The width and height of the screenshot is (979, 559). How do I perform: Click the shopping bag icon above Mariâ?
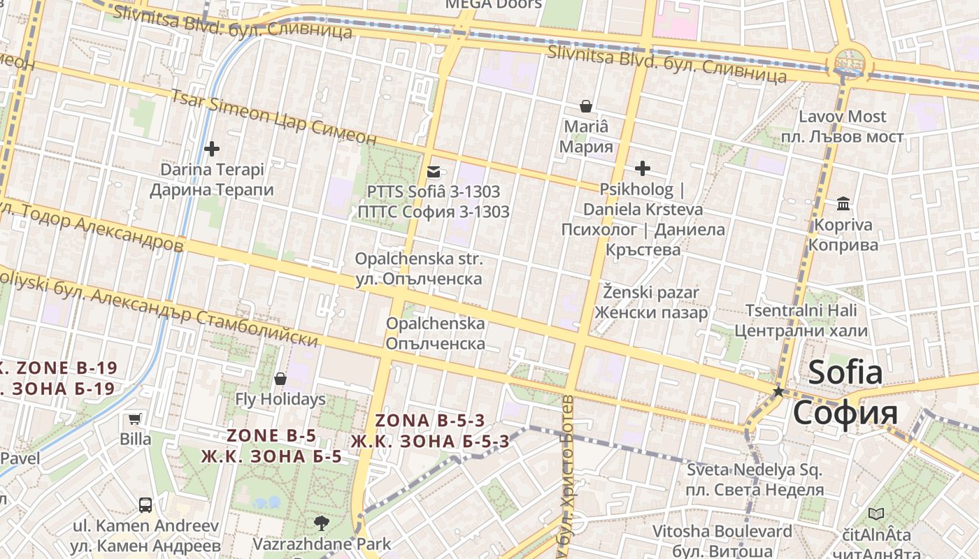586,106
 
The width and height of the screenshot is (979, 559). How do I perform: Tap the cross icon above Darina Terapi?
211,149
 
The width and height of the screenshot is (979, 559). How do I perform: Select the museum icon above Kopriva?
843,204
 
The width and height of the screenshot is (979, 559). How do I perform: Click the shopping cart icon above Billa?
135,419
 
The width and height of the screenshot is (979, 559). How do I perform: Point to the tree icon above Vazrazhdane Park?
321,522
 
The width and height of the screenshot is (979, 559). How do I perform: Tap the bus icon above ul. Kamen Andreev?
145,504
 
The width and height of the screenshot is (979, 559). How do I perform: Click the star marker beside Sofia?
778,392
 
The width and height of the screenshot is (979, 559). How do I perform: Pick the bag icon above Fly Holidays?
280,379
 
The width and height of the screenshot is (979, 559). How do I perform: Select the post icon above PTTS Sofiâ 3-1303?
434,171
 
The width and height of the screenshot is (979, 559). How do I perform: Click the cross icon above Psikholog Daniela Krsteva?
642,168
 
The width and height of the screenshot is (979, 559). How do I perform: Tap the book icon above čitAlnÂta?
876,514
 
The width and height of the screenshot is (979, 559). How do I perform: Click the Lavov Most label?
842,117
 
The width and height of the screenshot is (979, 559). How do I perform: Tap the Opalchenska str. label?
418,259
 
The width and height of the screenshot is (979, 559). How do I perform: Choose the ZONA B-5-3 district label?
429,421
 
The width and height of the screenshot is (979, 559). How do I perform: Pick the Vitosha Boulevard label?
722,531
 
